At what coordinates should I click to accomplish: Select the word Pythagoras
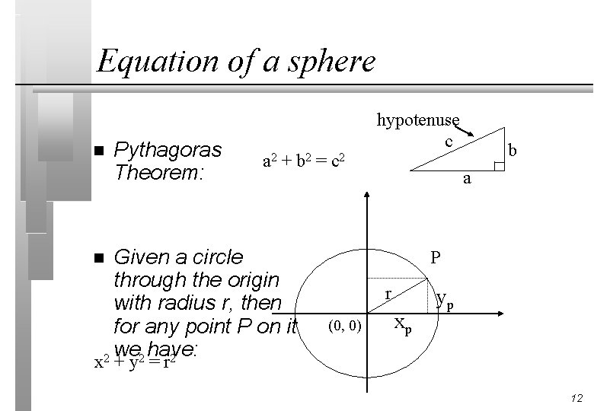[167, 149]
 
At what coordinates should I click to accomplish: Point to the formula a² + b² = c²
[304, 161]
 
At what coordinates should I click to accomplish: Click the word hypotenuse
[418, 119]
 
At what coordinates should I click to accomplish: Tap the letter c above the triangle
[449, 142]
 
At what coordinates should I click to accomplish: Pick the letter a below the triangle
[468, 179]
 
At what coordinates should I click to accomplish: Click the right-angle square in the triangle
[499, 166]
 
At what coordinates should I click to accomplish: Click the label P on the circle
[435, 257]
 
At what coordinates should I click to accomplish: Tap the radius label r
[388, 293]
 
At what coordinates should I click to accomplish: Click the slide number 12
[576, 398]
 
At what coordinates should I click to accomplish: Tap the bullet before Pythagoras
[94, 150]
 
